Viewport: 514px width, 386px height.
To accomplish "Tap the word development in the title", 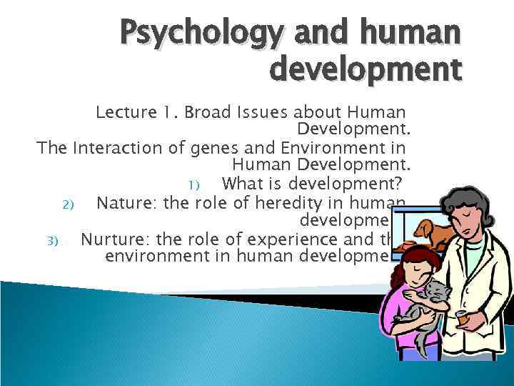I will pyautogui.click(x=366, y=70).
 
